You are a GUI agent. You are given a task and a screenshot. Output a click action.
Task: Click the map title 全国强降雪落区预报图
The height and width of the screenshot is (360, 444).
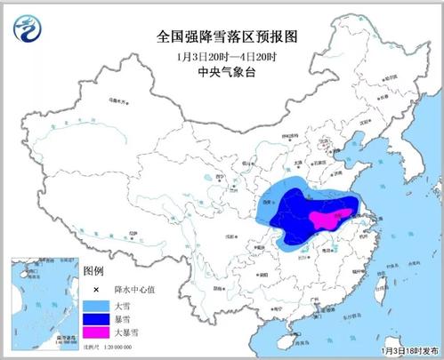click(222, 39)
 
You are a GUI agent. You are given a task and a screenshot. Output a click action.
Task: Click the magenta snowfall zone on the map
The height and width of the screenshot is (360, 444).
click(324, 218)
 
